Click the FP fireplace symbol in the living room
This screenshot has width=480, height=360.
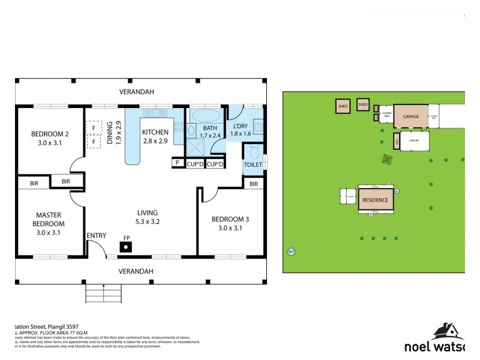[127, 245]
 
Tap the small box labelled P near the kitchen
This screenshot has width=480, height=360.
[178, 163]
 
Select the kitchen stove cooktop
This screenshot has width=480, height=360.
[178, 127]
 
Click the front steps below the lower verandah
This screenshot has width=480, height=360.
[104, 293]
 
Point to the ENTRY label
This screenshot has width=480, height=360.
[96, 235]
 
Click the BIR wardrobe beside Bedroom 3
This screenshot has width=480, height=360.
[254, 184]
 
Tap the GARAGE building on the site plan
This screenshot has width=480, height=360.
[410, 116]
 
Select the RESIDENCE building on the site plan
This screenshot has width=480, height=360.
[376, 200]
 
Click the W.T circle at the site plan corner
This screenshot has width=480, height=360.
[292, 251]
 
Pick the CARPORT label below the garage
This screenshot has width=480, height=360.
[414, 141]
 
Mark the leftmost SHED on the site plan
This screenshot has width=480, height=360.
[343, 106]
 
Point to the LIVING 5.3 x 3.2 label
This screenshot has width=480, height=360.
[147, 217]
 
